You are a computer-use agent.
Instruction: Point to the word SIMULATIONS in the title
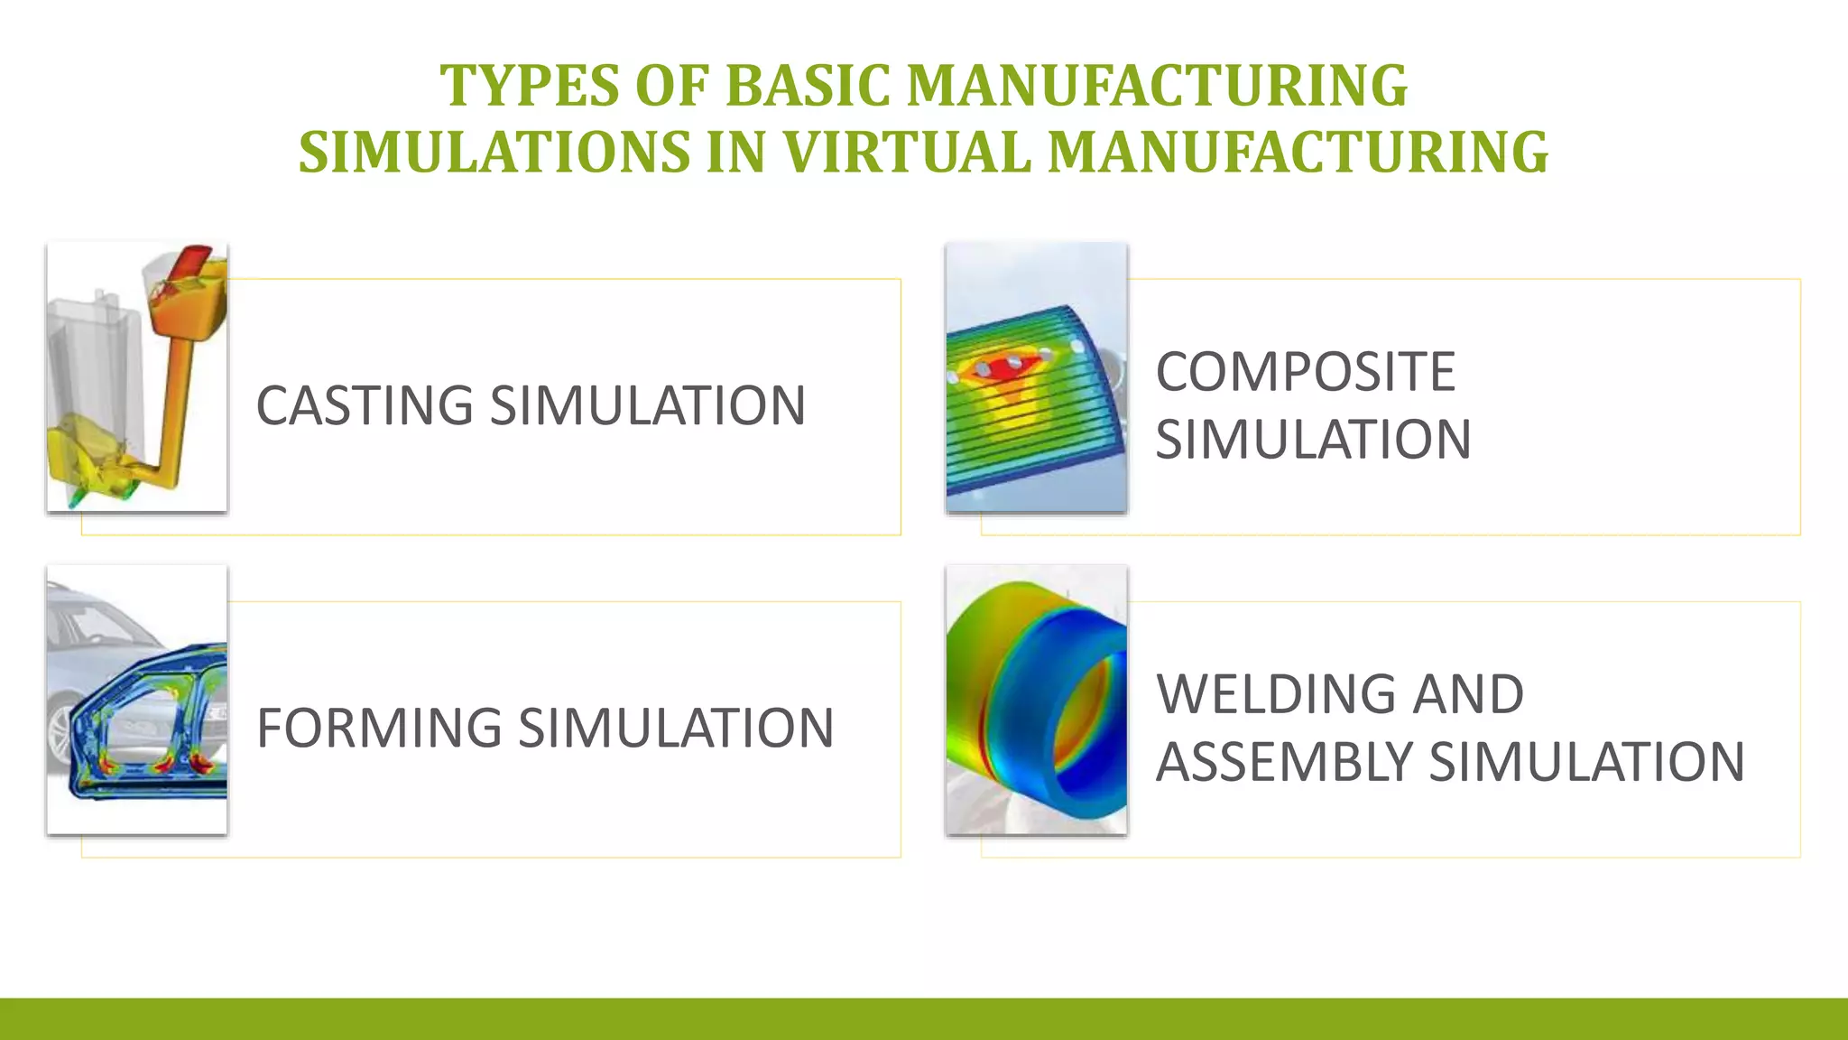pos(494,152)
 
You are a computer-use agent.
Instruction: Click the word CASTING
pos(365,405)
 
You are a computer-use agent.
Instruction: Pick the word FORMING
pos(379,728)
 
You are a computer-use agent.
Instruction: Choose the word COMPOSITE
pos(1305,372)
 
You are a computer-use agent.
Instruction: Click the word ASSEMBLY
pos(1284,762)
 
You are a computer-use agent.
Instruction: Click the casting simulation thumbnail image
pos(137,377)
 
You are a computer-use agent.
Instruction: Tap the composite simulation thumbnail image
pos(1036,377)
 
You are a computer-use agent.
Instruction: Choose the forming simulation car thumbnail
pos(137,700)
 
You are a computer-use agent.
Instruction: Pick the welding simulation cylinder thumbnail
pos(1036,700)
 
